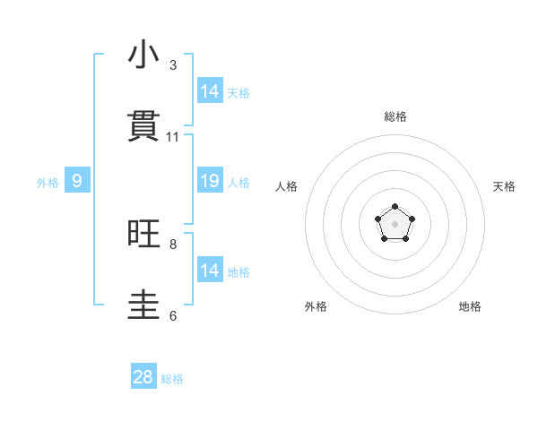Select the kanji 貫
click(143, 126)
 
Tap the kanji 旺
click(143, 235)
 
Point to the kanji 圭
click(143, 305)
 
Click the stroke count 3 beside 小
click(173, 65)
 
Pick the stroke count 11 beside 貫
click(173, 137)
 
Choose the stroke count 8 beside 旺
click(173, 244)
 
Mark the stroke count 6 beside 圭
click(173, 315)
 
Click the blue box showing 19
click(210, 181)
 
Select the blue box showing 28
click(143, 377)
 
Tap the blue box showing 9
click(77, 181)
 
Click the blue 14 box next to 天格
click(210, 91)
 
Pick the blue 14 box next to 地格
click(210, 271)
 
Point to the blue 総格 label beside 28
click(172, 379)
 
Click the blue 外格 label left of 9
click(48, 183)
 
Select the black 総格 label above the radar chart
click(395, 116)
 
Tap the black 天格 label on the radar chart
click(504, 186)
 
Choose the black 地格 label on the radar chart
click(470, 306)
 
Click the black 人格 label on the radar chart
click(287, 186)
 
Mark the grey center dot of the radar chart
click(395, 223)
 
